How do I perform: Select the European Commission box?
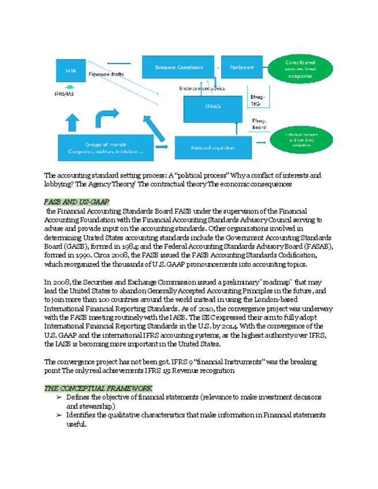[178, 67]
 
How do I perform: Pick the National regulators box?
[214, 148]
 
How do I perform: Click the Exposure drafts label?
[106, 75]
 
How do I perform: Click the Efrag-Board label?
[259, 123]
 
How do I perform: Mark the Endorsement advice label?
[203, 88]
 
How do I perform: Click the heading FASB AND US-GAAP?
[77, 201]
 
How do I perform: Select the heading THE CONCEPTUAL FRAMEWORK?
[98, 388]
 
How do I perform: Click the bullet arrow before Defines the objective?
[59, 398]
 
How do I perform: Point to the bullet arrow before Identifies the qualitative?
[59, 415]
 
